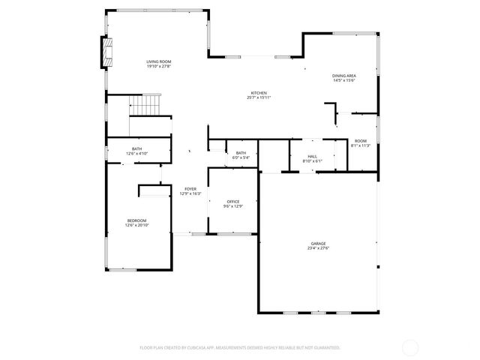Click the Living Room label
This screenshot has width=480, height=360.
tap(159, 61)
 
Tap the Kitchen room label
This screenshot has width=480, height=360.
tap(259, 92)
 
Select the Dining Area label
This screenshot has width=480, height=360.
tap(344, 76)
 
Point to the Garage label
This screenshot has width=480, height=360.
tap(319, 243)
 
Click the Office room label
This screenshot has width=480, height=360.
tap(233, 202)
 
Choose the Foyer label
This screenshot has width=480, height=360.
tap(190, 189)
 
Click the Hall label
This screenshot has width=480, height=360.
tap(312, 157)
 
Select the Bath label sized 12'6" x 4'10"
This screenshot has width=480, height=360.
tap(136, 148)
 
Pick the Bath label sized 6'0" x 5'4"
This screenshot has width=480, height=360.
tap(241, 153)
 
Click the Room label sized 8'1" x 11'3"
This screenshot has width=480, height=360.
tap(361, 141)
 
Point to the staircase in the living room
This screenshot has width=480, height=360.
tap(147, 104)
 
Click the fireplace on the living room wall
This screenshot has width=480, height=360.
tap(106, 52)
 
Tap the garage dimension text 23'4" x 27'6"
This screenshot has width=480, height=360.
tap(319, 248)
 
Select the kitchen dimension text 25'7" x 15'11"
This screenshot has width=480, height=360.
tap(259, 97)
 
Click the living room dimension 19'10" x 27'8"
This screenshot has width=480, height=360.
tap(159, 67)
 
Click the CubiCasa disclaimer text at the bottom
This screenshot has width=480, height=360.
tap(240, 348)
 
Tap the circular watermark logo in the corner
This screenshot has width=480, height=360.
tap(411, 347)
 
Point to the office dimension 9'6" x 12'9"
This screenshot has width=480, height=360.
tap(233, 207)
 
